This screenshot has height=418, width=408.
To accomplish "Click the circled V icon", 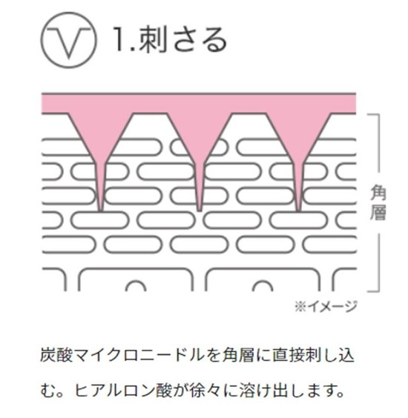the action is tap(69, 40).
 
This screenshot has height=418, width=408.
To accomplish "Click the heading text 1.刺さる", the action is tap(170, 40).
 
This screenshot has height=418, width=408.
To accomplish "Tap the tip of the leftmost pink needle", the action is tap(100, 211).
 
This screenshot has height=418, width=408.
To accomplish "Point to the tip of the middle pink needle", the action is tap(200, 210).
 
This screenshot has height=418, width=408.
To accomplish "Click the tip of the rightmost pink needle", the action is tap(298, 211).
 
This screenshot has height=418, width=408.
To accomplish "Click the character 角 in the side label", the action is tap(378, 193).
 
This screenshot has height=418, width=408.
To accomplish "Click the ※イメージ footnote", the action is tap(326, 306).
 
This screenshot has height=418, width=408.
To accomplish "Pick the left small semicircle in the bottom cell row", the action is tap(136, 286).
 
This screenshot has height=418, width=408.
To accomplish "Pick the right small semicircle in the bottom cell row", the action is tap(263, 286).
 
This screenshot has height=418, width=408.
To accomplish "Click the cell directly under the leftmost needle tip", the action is tap(100, 221).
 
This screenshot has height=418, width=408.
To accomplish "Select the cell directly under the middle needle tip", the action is tap(199, 221).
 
